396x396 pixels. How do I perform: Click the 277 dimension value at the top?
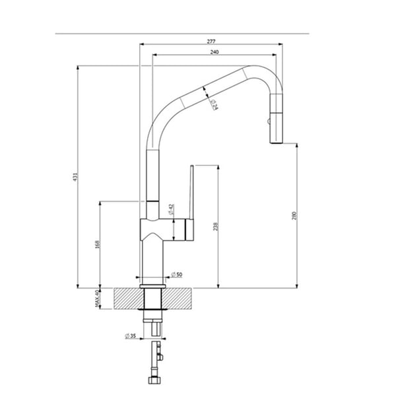click(211, 42)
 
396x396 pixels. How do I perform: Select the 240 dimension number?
click(214, 52)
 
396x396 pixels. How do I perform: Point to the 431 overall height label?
click(75, 177)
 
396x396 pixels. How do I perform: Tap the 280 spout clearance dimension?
click(294, 215)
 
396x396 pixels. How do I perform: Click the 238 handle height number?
click(215, 226)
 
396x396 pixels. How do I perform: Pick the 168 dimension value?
click(98, 244)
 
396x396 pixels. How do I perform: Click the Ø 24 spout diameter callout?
click(214, 104)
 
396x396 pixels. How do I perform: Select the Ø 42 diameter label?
click(171, 210)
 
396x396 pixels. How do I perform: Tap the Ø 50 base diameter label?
click(176, 275)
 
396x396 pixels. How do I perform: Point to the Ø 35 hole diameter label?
click(131, 336)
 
